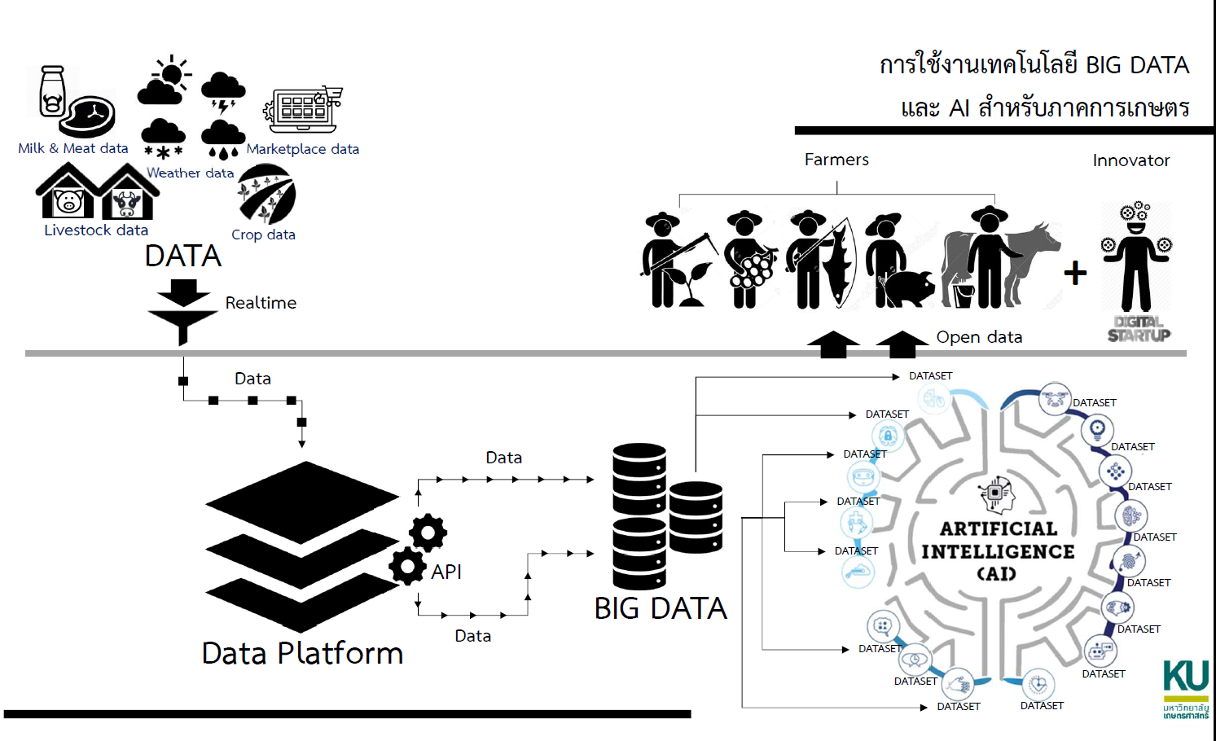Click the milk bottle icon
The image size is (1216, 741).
pos(52,92)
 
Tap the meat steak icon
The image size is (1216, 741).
pos(91,116)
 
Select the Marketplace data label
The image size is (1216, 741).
pos(302,149)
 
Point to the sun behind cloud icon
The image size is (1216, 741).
pos(165,81)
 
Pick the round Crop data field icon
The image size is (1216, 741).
pos(266,195)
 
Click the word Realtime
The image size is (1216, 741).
pos(261,303)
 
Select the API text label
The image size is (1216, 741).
pos(446,572)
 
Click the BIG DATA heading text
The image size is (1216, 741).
pos(661,608)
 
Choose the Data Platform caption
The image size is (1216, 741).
pos(302,653)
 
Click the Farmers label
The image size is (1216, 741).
pos(836,160)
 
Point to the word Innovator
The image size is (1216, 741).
pos(1130,160)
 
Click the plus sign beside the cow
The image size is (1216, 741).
pos(1075,273)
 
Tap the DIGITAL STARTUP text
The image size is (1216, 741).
pos(1139,328)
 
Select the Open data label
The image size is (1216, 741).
pos(979,337)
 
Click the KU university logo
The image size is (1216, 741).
pos(1186,688)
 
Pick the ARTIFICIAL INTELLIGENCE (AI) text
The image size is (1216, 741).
pos(998,551)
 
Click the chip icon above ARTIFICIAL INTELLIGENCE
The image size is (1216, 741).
pos(995,492)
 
